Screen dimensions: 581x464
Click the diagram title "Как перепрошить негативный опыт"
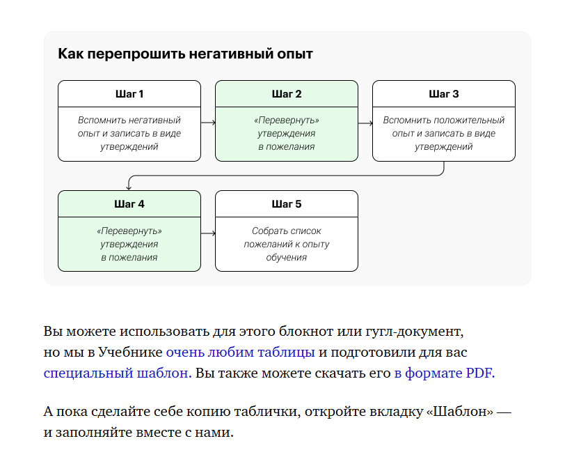click(185, 54)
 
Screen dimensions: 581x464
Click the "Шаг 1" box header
click(129, 94)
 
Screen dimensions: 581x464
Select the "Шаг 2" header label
click(287, 94)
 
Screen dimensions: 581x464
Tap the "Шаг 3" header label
click(443, 94)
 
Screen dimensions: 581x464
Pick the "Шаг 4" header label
click(129, 204)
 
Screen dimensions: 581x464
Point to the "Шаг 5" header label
click(287, 204)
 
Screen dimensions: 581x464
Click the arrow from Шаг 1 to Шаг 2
click(208, 123)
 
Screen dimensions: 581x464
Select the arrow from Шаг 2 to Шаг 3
click(365, 123)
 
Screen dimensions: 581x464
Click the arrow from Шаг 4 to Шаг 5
click(208, 233)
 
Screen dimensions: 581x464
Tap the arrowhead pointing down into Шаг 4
click(129, 187)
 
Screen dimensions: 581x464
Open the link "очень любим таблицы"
click(241, 352)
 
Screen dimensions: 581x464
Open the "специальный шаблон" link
click(118, 373)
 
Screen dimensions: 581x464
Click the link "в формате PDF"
click(443, 373)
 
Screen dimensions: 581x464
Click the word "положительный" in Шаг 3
click(469, 120)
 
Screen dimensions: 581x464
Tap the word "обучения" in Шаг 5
click(287, 257)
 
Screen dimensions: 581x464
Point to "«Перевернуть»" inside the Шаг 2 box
click(287, 120)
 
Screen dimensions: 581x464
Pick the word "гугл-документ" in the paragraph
click(414, 331)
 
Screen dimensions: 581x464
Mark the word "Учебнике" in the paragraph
click(130, 352)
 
